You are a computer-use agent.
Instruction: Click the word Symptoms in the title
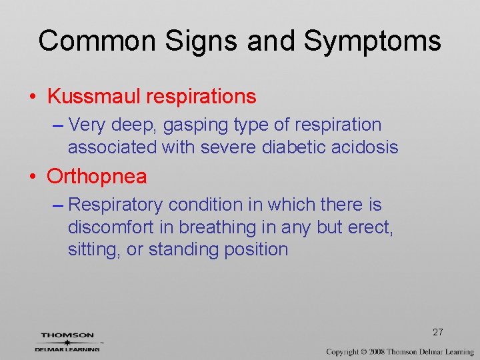pos(372,41)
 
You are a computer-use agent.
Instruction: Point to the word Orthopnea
pos(97,177)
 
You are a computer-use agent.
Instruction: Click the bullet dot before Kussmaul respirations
pos(32,97)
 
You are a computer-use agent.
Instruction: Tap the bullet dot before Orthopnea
pos(32,177)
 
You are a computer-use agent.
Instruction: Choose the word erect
pos(371,227)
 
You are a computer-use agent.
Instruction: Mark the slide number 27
pos(438,332)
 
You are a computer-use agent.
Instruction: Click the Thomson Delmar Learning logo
pos(67,341)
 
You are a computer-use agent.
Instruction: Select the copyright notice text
pos(400,351)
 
